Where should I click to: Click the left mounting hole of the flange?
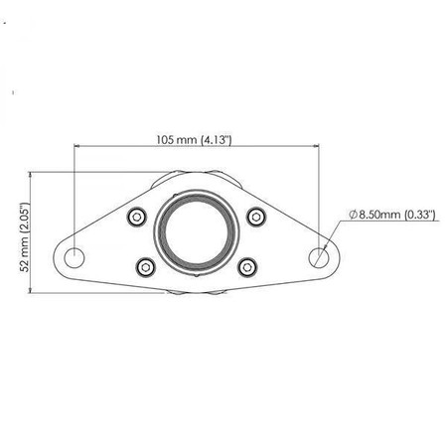(75, 256)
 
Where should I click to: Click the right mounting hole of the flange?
(319, 256)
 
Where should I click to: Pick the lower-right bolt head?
(248, 265)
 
